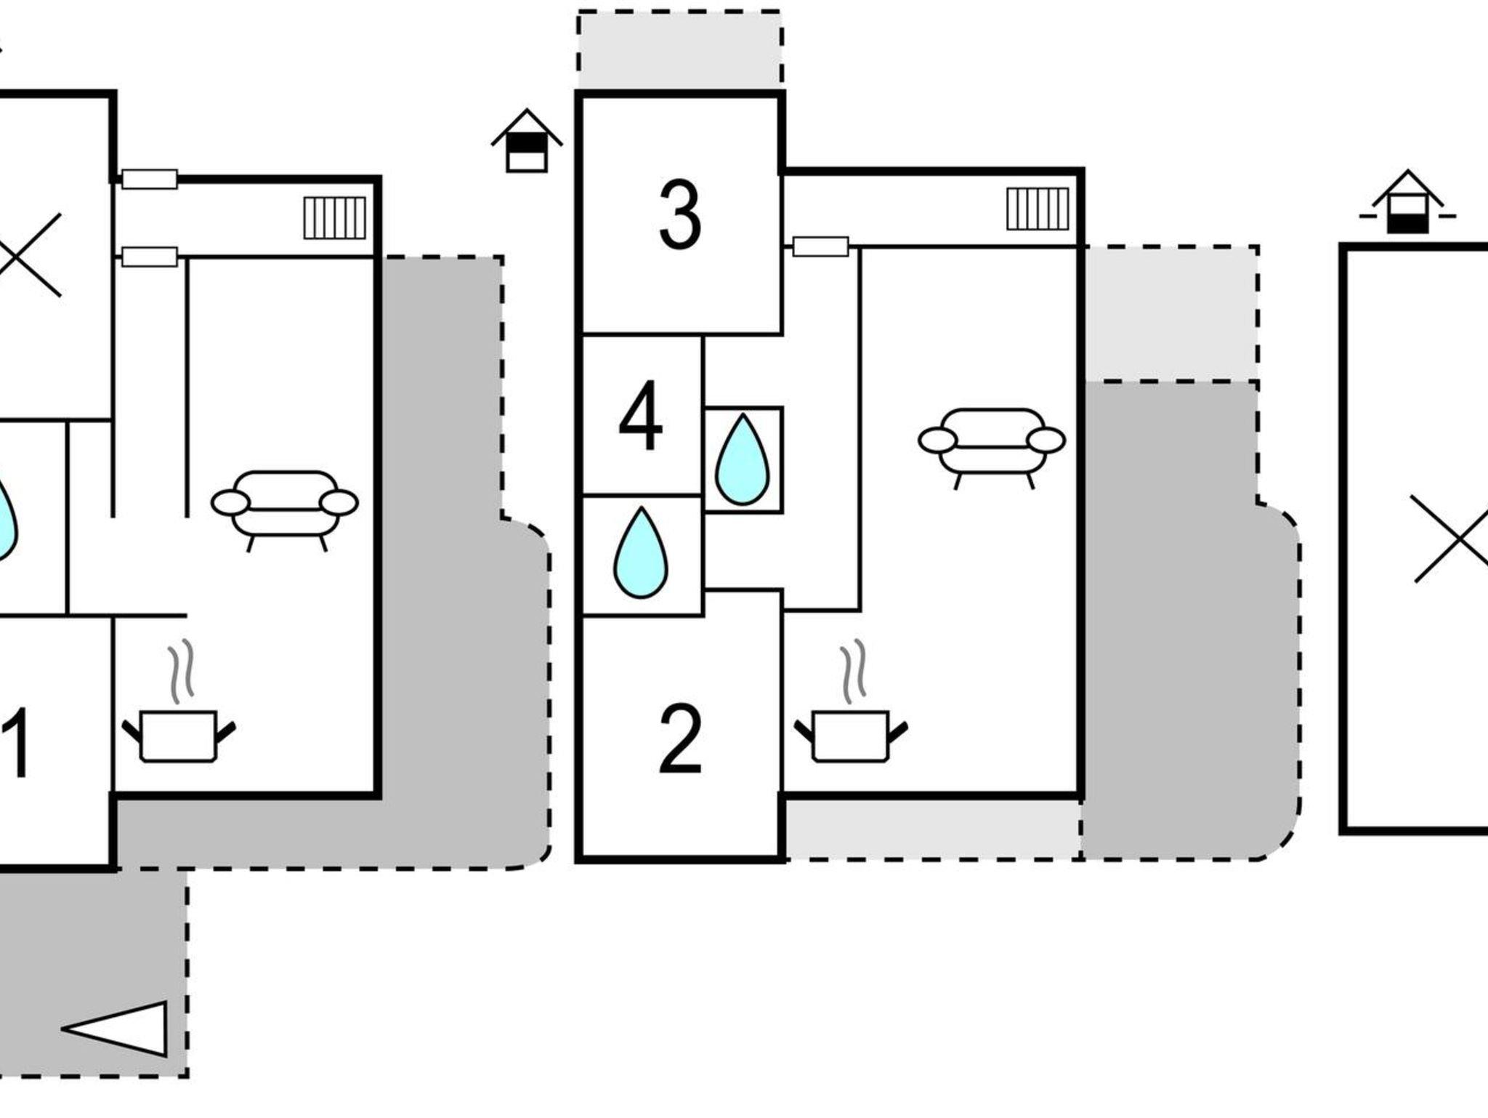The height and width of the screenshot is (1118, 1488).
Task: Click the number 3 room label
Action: [x=679, y=215]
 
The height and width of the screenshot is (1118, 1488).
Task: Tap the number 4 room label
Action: [x=640, y=416]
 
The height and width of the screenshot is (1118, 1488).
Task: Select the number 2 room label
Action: [x=680, y=740]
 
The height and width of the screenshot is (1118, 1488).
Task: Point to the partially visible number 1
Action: [x=16, y=743]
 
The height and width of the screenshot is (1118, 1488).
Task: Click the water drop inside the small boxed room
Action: [x=743, y=459]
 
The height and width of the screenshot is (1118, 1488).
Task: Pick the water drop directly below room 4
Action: [x=641, y=553]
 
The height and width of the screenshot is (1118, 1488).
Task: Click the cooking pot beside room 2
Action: [x=851, y=735]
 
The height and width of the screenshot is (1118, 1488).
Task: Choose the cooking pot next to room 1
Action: [x=179, y=735]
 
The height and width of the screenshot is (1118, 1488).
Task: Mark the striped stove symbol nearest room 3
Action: [x=1038, y=209]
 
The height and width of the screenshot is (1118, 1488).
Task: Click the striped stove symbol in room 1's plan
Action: [x=334, y=217]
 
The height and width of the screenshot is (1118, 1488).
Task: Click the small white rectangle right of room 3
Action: [x=820, y=246]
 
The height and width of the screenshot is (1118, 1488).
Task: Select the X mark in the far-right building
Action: [x=1449, y=539]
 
